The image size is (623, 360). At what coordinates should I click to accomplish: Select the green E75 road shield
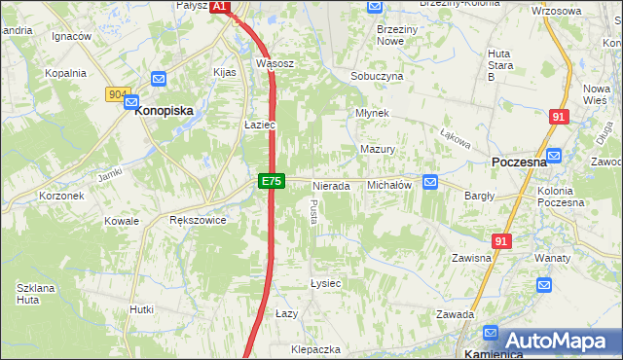point(272,181)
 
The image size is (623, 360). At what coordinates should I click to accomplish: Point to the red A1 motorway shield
point(219,6)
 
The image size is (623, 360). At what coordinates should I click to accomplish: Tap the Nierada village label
point(331,186)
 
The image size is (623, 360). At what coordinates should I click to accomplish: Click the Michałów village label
point(390,185)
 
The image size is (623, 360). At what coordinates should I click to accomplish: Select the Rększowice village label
point(198,221)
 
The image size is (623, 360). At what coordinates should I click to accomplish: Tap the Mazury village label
point(378,150)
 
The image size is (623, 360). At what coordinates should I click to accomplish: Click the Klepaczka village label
point(314,348)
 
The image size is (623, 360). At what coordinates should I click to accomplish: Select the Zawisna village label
point(470,258)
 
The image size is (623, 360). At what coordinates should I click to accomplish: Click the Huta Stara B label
point(499,64)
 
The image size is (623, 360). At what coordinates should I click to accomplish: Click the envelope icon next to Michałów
point(431,182)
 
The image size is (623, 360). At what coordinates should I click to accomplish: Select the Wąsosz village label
point(275,64)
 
